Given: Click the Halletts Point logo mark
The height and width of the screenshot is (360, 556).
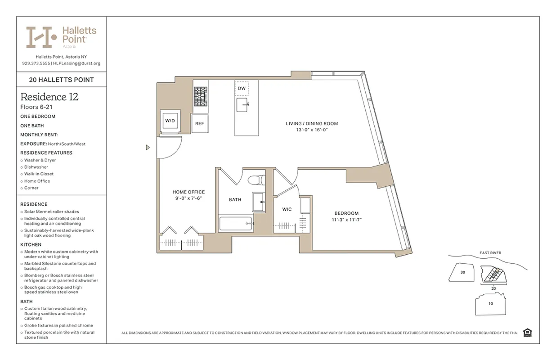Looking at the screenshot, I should (41, 37).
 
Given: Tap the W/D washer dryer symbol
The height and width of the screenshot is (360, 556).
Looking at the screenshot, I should (170, 121).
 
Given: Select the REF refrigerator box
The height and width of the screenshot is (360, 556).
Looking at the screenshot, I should (199, 123).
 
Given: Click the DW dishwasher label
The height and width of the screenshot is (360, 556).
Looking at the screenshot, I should (242, 89).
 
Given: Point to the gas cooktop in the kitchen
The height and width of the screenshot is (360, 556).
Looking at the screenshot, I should (201, 96).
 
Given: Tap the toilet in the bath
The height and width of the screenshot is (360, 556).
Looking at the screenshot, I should (257, 180).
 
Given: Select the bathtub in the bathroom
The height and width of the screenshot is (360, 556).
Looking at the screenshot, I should (236, 224).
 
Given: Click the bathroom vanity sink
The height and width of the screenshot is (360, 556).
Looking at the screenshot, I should (259, 202).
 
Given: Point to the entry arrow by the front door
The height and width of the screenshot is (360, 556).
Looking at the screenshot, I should (148, 147).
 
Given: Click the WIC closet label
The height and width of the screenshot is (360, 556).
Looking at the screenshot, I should (287, 209).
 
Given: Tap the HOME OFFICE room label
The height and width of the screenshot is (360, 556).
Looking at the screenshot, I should (188, 192).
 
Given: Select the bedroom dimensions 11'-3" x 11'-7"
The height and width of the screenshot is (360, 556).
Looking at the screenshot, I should (346, 220).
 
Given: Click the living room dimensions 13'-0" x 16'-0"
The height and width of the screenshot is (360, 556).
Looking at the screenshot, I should (312, 130).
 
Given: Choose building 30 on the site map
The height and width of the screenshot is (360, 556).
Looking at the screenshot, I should (463, 272).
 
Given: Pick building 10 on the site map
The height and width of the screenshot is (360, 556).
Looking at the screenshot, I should (490, 303).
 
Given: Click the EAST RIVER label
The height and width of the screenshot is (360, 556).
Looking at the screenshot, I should (490, 253).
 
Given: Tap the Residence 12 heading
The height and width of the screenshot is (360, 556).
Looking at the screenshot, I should (49, 97).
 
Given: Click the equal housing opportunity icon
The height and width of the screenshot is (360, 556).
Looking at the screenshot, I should (528, 333).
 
